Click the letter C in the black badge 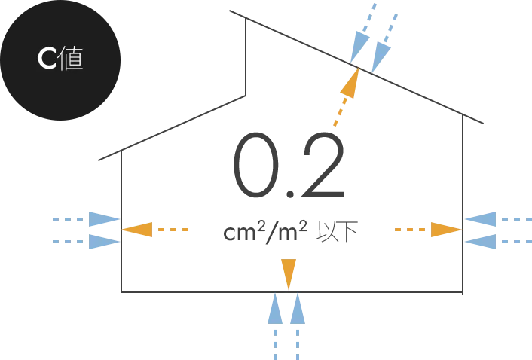[47, 59]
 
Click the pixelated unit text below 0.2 [293, 229]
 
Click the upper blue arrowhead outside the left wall [101, 220]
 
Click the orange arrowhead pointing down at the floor [288, 273]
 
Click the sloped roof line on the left [170, 128]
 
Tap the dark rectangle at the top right [422, 68]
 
